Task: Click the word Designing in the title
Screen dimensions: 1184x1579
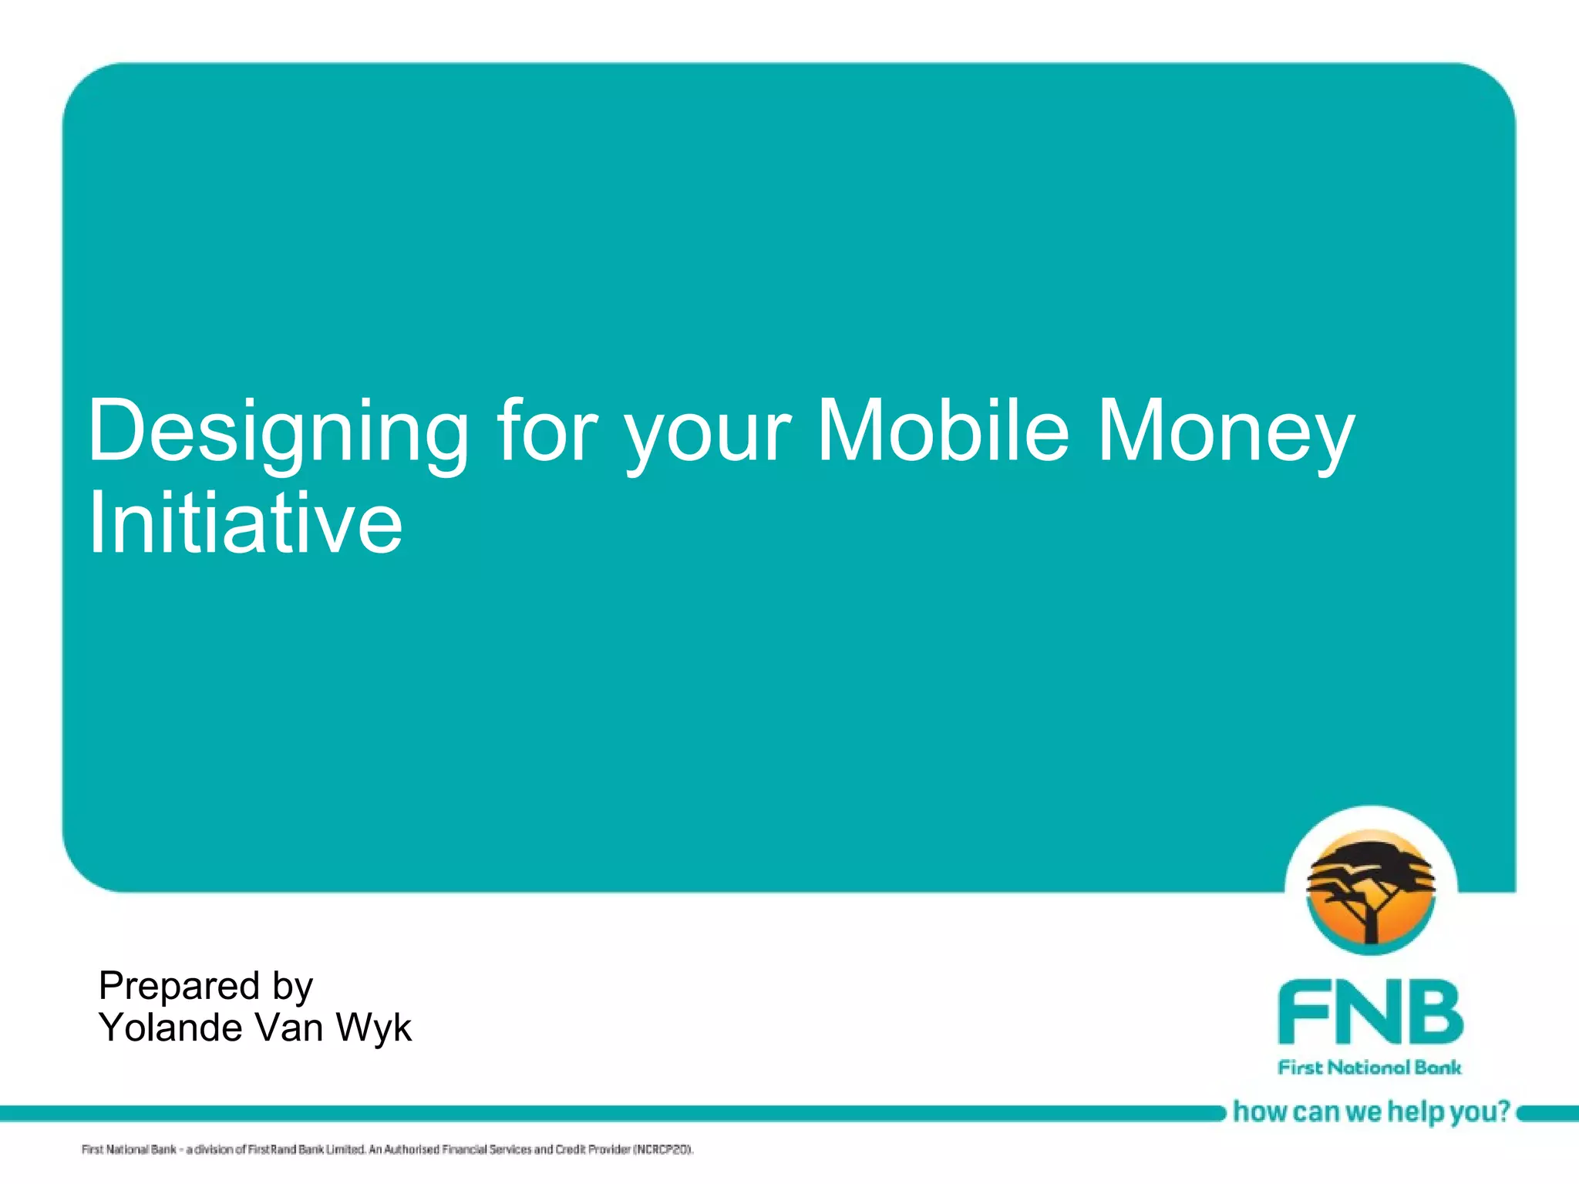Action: click(278, 432)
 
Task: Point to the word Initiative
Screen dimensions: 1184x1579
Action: click(245, 524)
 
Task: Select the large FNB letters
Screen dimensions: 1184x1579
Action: click(1370, 1011)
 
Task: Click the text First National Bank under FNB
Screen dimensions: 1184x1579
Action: click(1370, 1068)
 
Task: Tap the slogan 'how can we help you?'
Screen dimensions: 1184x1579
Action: click(1371, 1112)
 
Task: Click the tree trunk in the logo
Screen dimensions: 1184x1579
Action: click(1371, 925)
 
